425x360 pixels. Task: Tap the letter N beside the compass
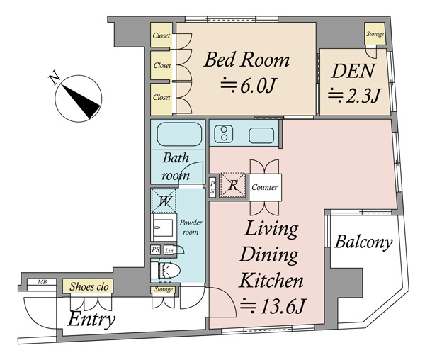(55, 77)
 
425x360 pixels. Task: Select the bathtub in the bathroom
(179, 134)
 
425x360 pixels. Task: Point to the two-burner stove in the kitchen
(224, 134)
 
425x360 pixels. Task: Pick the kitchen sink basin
(261, 135)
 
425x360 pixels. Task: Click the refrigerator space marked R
(233, 185)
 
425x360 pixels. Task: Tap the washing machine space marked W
(164, 201)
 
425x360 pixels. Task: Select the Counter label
(264, 187)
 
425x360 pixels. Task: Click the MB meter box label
(42, 282)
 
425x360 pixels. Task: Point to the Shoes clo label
(89, 286)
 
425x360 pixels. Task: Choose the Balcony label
(363, 242)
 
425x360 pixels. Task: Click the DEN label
(353, 71)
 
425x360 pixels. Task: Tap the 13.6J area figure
(273, 306)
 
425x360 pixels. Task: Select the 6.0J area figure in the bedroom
(248, 85)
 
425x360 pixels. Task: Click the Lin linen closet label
(169, 251)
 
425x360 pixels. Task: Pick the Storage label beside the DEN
(375, 34)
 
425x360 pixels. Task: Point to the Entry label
(91, 320)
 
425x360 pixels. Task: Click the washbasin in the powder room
(163, 227)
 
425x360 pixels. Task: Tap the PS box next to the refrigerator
(212, 187)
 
